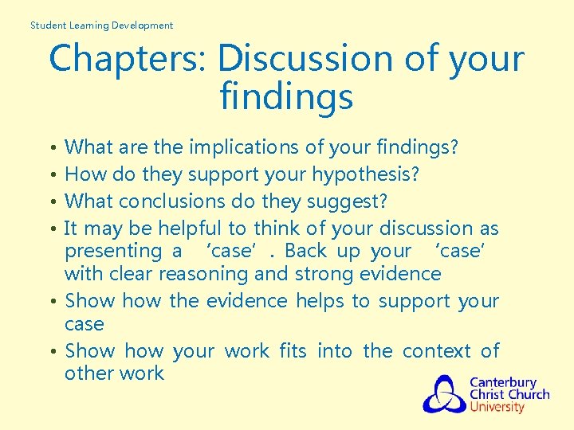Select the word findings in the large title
(x=286, y=97)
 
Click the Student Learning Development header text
(x=101, y=25)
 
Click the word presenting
(x=112, y=251)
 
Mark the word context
(x=435, y=351)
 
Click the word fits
(x=293, y=351)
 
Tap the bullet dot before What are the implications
(x=52, y=148)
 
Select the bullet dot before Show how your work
(x=52, y=352)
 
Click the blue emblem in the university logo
(x=445, y=393)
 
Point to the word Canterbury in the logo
(x=502, y=382)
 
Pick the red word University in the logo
(x=497, y=407)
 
